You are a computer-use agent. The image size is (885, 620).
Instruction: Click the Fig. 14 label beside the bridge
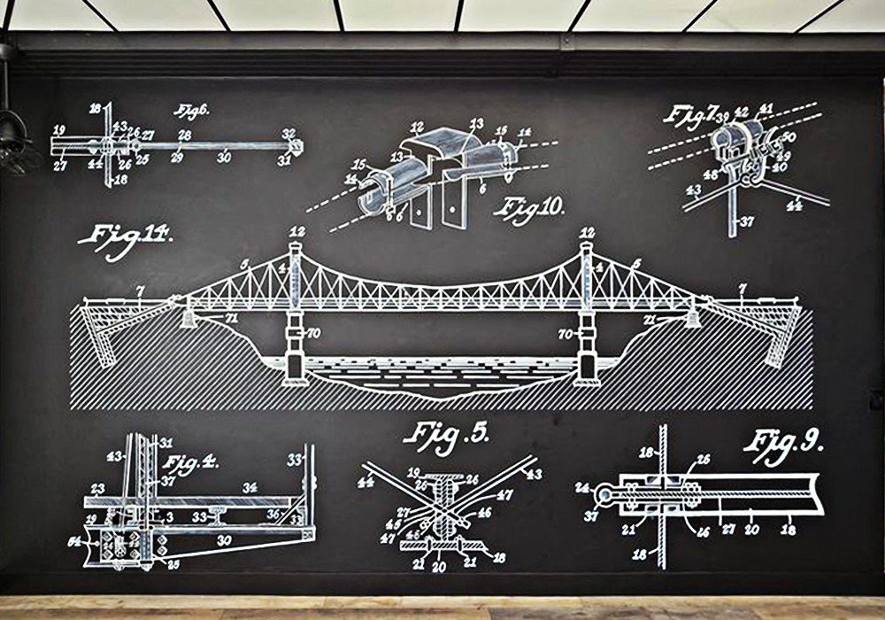coord(124,238)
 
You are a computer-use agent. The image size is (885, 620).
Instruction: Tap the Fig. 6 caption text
coord(187,112)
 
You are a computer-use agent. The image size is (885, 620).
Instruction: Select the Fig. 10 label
coord(530,208)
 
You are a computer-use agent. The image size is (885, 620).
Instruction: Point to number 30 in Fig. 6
coord(225,157)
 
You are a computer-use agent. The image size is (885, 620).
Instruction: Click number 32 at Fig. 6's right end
coord(289,134)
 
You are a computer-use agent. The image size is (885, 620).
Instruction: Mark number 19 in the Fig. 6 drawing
coord(59,130)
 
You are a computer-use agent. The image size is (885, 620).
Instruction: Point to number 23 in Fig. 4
coord(97,487)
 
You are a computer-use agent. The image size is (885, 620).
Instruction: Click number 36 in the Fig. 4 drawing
coord(274,511)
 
